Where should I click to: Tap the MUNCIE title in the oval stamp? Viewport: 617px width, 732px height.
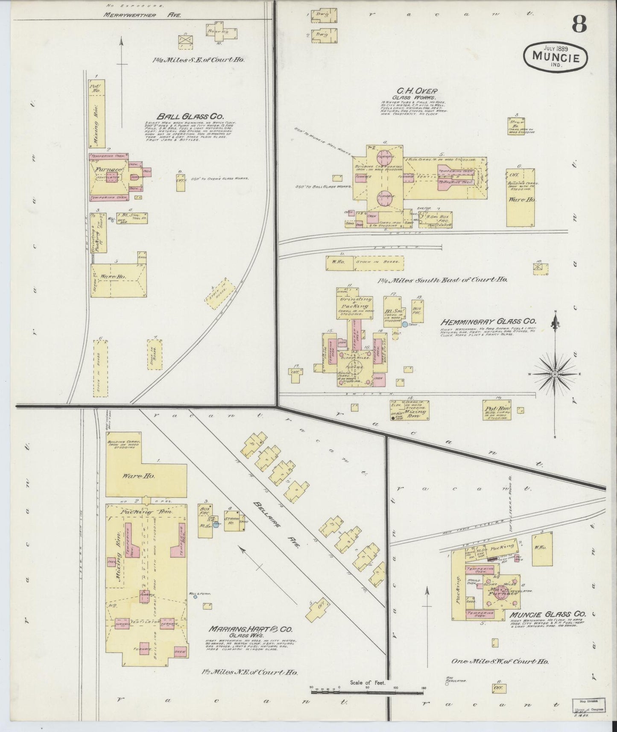point(556,56)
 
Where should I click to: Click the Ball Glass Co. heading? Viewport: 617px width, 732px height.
point(182,116)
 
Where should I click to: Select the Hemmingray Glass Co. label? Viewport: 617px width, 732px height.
point(488,322)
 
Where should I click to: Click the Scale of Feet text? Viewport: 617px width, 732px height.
point(368,683)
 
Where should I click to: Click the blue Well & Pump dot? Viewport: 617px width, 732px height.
point(195,597)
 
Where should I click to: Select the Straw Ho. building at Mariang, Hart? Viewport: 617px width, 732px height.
point(234,521)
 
